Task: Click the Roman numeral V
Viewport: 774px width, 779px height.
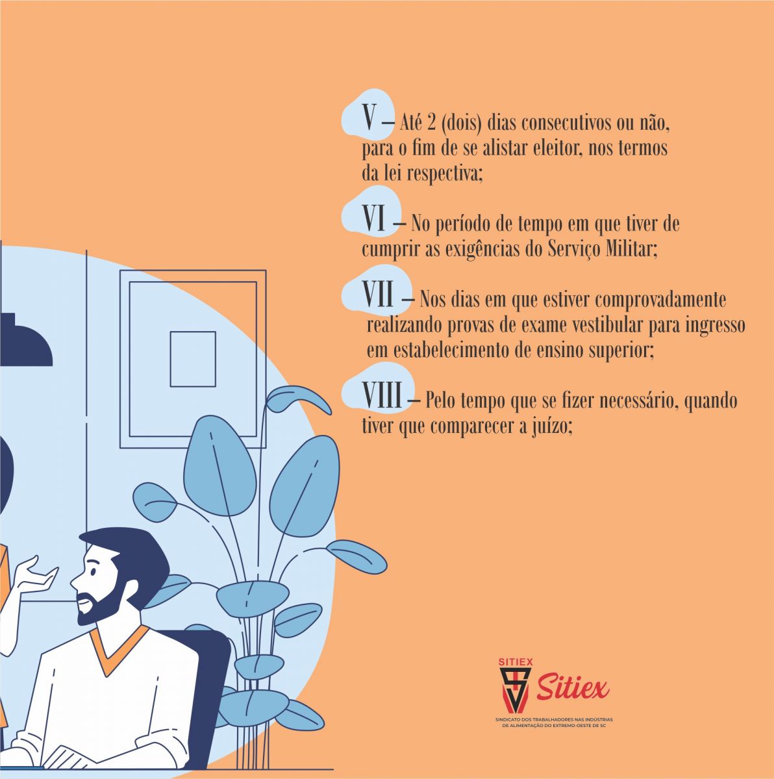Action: pos(369,117)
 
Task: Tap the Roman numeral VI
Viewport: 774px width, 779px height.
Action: pos(374,217)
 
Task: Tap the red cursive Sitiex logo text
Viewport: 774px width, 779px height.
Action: pos(572,687)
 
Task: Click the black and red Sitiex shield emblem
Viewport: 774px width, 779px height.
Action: pos(514,690)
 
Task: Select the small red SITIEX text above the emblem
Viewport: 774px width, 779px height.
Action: pos(516,662)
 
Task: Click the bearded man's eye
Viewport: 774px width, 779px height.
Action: pos(94,572)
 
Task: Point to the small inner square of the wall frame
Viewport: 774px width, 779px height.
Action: pos(193,359)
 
